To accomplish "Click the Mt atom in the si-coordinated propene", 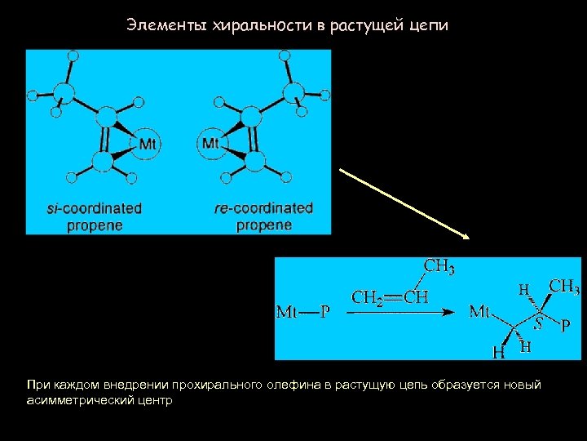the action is [148, 144].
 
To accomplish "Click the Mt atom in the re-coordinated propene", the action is [210, 144].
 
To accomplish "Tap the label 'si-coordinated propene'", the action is [95, 216].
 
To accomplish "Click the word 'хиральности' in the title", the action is [260, 25].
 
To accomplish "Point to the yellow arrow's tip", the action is [468, 238].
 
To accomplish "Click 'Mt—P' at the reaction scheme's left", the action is [303, 311].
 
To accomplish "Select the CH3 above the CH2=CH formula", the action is [439, 267].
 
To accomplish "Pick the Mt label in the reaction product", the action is [480, 311].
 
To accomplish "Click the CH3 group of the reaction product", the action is [564, 287].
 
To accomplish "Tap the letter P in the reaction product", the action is [566, 325].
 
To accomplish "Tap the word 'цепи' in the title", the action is [430, 25].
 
